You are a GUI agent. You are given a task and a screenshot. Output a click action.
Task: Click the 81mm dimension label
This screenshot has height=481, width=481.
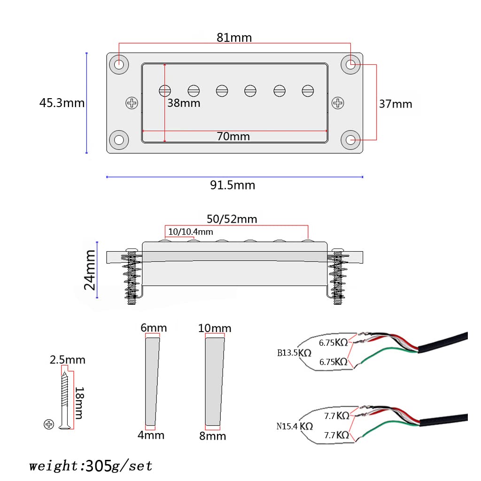tap(234, 38)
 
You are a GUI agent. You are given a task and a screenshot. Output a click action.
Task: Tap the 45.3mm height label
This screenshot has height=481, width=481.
tap(62, 102)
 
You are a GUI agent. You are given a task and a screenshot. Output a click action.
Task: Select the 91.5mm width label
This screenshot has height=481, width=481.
tap(233, 185)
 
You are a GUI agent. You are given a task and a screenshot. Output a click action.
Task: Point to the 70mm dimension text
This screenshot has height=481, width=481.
tap(233, 137)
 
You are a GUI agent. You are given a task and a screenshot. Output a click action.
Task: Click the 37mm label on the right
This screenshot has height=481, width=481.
tap(396, 104)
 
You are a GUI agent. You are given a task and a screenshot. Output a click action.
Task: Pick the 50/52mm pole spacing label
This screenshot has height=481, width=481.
tap(232, 219)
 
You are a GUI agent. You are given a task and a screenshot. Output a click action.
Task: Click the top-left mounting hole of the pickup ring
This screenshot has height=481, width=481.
tap(119, 64)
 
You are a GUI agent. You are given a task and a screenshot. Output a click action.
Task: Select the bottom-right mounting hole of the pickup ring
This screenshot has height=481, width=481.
tap(350, 140)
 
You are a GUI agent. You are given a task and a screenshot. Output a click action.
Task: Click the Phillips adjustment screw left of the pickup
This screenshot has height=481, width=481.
tap(132, 103)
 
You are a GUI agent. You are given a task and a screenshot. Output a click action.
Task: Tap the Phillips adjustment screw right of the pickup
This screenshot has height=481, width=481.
tap(338, 103)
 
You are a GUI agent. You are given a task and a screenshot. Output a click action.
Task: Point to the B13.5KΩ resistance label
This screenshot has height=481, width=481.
tap(294, 353)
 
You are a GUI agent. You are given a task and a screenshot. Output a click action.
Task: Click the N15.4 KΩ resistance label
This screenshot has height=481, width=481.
tap(295, 427)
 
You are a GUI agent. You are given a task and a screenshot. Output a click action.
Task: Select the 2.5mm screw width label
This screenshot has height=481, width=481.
tap(68, 360)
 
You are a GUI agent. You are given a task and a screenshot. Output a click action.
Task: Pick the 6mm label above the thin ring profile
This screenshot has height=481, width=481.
tap(154, 328)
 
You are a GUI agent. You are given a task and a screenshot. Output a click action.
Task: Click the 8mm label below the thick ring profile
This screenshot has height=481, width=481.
tap(212, 436)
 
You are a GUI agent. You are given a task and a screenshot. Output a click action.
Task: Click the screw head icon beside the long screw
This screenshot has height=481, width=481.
tap(48, 425)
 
